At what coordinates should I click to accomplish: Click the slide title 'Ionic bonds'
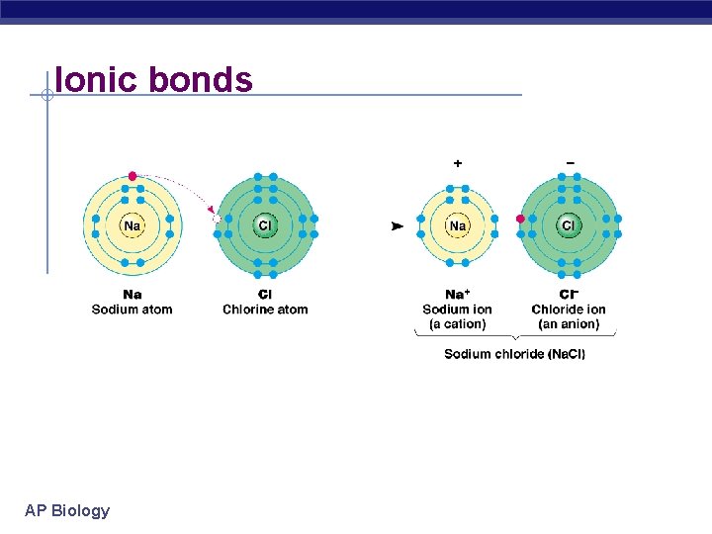[154, 79]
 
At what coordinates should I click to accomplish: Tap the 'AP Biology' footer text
[67, 510]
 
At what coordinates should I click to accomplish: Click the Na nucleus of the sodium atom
[132, 226]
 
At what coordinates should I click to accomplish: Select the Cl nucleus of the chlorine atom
[265, 226]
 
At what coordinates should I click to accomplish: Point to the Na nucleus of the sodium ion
[458, 226]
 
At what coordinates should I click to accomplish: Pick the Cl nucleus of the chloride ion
[569, 226]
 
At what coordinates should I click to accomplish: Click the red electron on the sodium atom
[133, 176]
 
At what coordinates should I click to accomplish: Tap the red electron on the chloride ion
[521, 220]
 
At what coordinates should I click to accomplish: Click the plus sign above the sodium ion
[458, 162]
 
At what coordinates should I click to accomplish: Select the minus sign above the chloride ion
[570, 162]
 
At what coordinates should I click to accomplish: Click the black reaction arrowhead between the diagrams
[398, 226]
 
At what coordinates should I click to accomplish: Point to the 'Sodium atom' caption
[132, 310]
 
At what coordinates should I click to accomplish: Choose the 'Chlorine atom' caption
[265, 310]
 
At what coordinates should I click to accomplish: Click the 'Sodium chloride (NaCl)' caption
[514, 354]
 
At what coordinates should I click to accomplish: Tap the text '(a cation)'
[457, 324]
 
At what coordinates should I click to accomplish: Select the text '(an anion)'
[569, 324]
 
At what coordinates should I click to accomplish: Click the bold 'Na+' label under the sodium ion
[457, 295]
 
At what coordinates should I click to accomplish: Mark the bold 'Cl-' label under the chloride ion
[569, 295]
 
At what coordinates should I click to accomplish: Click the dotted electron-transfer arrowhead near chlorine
[210, 208]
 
